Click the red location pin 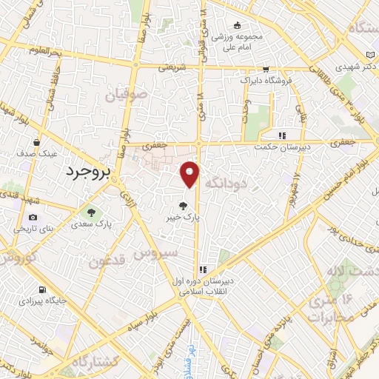pyautogui.click(x=190, y=175)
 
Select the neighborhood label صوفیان pyautogui.click(x=122, y=95)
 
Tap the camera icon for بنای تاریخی pyautogui.click(x=33, y=217)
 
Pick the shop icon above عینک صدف pyautogui.click(x=36, y=142)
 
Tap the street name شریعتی pyautogui.click(x=170, y=67)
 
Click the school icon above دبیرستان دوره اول pyautogui.click(x=203, y=269)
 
